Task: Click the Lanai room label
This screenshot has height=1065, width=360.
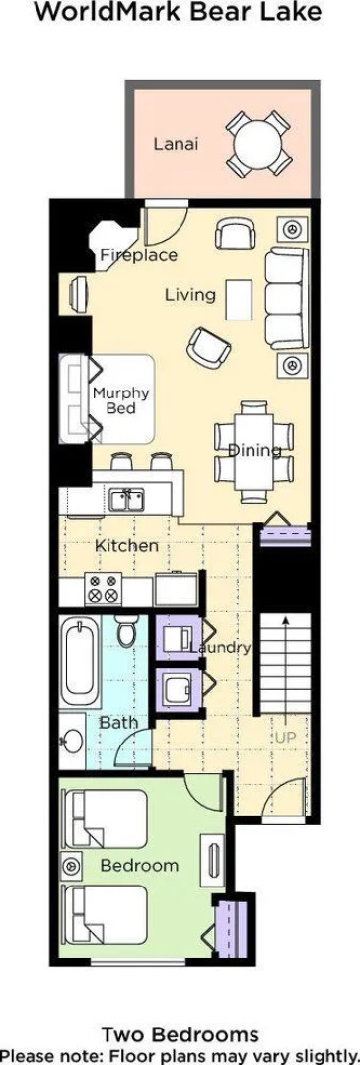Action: click(176, 144)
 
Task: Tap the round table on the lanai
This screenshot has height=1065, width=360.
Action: click(259, 143)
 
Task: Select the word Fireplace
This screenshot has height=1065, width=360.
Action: click(138, 255)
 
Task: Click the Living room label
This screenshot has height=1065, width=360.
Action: click(191, 295)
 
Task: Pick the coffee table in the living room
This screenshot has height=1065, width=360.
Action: click(239, 300)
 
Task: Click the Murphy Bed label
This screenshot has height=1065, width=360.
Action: click(121, 400)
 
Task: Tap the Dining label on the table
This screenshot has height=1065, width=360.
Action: click(254, 449)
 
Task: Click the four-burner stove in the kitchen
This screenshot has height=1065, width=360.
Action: click(104, 588)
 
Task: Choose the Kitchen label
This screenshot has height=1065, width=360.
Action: click(126, 546)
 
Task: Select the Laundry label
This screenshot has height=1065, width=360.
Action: click(220, 647)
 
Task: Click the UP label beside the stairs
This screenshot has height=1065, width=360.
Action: click(286, 737)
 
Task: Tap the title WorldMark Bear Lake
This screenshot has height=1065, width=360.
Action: click(180, 12)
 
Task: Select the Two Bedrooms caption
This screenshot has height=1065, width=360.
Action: click(180, 1035)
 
